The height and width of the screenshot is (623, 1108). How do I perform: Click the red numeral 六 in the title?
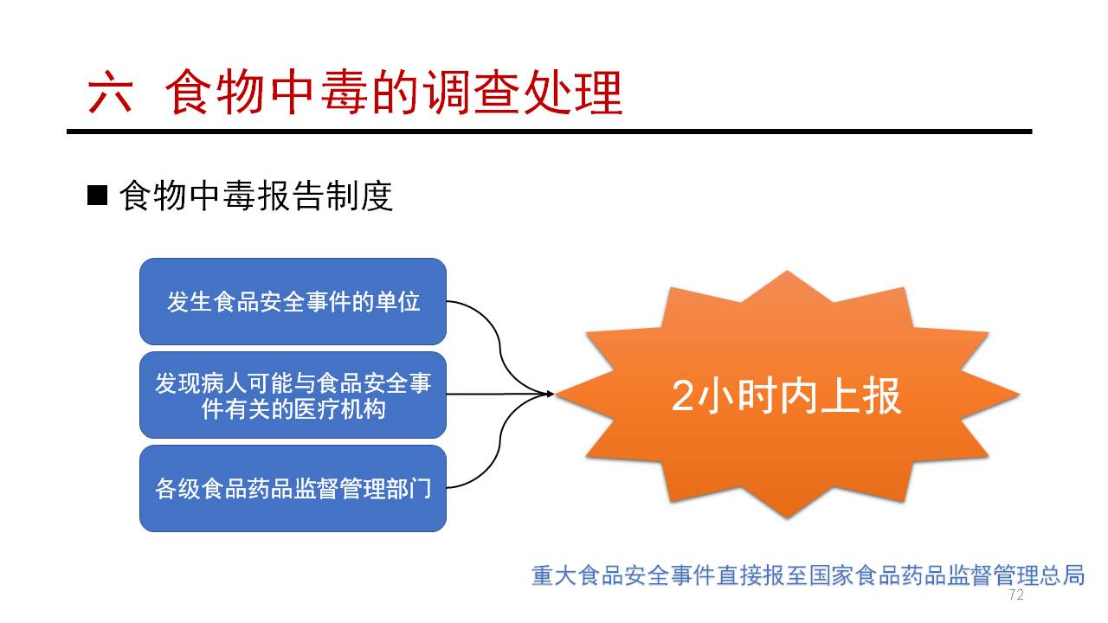(110, 93)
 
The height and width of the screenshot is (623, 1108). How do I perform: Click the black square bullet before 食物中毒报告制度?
(97, 195)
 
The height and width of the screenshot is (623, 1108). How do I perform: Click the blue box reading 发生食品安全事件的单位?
(293, 301)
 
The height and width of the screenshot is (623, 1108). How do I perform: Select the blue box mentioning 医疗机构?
(293, 395)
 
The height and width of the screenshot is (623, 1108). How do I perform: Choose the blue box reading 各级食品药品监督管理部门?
(293, 488)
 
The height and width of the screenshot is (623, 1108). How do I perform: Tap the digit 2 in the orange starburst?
(683, 396)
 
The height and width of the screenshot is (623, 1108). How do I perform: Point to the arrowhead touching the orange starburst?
(550, 394)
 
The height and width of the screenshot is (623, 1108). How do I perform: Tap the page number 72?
(1016, 594)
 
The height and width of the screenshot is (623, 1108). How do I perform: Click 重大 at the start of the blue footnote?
(554, 575)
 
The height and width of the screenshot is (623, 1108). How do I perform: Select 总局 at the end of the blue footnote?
(1062, 575)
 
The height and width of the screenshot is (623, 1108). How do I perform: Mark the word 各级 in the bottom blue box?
(177, 489)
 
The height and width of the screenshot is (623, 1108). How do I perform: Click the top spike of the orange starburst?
(787, 272)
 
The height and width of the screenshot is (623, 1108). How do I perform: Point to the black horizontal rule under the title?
(549, 132)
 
